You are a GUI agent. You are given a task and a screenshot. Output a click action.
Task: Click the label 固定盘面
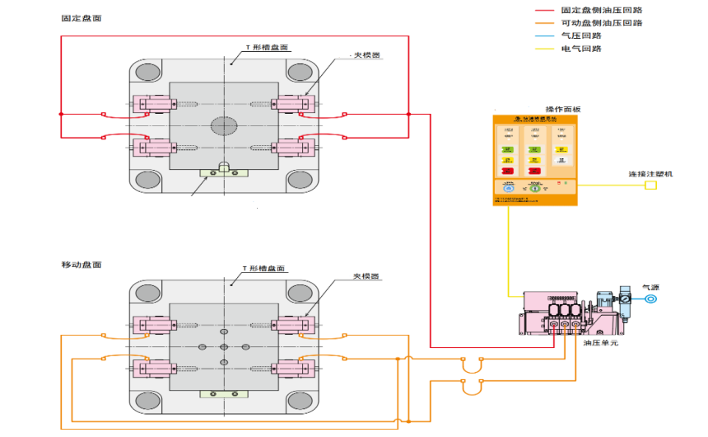[82, 17]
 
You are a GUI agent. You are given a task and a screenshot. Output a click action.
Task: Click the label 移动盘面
[82, 264]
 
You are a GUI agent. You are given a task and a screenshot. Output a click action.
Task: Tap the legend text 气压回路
[581, 35]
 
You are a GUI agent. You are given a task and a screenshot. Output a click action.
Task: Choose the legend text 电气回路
[581, 49]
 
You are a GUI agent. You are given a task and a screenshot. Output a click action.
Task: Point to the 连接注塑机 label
[650, 174]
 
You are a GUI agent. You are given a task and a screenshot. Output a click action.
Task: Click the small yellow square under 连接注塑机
[650, 185]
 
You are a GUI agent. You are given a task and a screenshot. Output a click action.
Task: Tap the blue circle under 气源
[651, 298]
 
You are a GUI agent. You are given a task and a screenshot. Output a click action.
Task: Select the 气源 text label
[651, 286]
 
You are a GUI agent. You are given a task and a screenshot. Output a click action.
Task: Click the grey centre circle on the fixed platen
[223, 125]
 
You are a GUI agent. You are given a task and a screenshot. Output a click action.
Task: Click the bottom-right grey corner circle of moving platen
[298, 401]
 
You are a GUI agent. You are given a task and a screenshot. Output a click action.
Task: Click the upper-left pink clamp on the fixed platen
[154, 104]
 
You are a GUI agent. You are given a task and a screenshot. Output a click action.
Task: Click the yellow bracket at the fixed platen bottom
[223, 172]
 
